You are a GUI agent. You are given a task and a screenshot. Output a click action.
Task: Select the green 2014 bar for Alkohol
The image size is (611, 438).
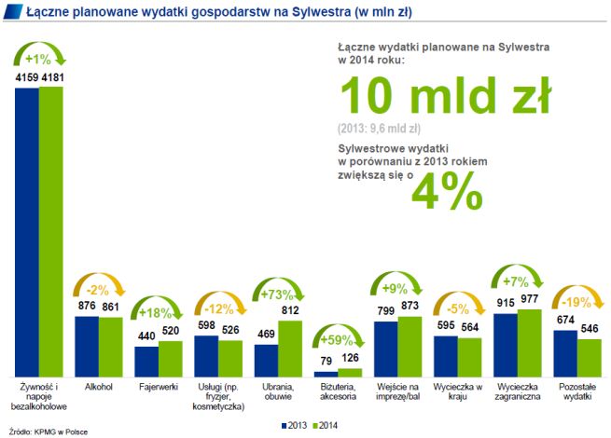coord(110,346)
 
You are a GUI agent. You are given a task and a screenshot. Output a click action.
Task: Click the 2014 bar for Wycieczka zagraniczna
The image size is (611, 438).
coord(528,341)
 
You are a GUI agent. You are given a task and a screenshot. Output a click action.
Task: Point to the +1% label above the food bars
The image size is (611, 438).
coord(39,59)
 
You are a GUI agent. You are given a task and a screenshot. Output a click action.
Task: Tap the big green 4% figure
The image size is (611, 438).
coord(451,189)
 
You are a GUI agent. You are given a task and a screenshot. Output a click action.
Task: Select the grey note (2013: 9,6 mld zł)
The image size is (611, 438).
coord(379,129)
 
